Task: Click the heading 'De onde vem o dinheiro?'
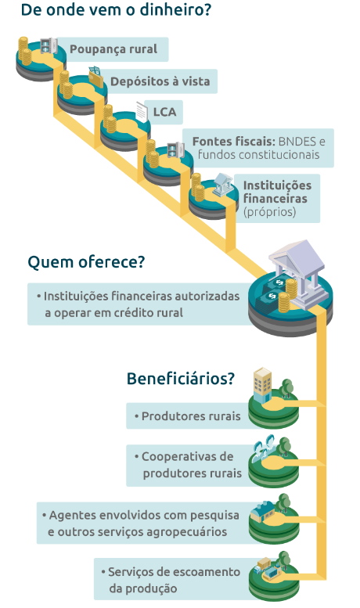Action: pyautogui.click(x=116, y=9)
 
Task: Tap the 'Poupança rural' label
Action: pyautogui.click(x=113, y=49)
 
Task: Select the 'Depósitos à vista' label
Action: pyautogui.click(x=160, y=81)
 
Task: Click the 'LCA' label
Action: pyautogui.click(x=164, y=112)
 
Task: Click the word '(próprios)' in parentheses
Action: pyautogui.click(x=270, y=212)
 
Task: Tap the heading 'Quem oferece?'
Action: pyautogui.click(x=86, y=261)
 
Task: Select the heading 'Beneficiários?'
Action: pyautogui.click(x=181, y=378)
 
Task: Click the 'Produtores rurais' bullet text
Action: pyautogui.click(x=187, y=416)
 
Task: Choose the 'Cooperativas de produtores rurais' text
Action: pyautogui.click(x=188, y=465)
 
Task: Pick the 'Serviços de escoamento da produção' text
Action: pyautogui.click(x=171, y=580)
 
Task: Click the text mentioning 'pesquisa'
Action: pyautogui.click(x=140, y=523)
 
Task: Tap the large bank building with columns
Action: pyautogui.click(x=299, y=272)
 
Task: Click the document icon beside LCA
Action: pyautogui.click(x=142, y=111)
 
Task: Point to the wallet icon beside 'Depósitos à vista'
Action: pyautogui.click(x=95, y=77)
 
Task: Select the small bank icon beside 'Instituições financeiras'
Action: pyautogui.click(x=223, y=184)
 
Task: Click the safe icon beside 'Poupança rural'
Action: pyautogui.click(x=49, y=45)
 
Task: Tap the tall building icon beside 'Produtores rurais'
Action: pyautogui.click(x=262, y=385)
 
